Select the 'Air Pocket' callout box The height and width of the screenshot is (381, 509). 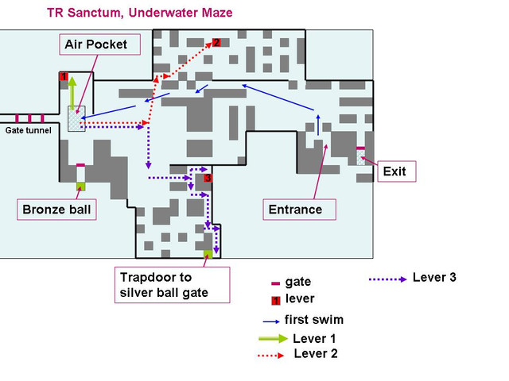tap(100, 44)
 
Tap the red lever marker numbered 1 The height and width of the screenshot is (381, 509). tap(64, 76)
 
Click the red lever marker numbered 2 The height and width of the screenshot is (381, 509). tap(216, 43)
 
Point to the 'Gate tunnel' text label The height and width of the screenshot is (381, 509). tap(29, 130)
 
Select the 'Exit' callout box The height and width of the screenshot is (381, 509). tap(394, 171)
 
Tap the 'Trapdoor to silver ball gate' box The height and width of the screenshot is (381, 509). tap(171, 284)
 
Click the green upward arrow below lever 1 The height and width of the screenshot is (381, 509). tap(71, 94)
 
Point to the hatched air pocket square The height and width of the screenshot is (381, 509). tap(75, 121)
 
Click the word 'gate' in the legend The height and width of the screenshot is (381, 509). tap(297, 282)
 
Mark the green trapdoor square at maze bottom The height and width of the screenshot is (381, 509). tap(208, 253)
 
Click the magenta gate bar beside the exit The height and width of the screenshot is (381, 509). tap(360, 148)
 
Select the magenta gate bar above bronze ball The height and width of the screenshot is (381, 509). tap(80, 165)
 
